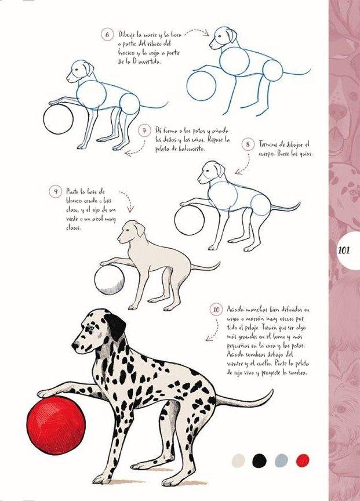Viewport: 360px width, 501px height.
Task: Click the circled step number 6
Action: tap(108, 35)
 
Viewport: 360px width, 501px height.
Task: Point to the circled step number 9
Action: tap(56, 191)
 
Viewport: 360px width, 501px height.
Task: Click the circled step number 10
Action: tap(216, 310)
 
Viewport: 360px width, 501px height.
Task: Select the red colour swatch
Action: tap(303, 460)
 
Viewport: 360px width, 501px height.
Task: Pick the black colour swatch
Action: tap(260, 460)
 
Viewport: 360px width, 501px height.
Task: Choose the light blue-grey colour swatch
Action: tap(281, 460)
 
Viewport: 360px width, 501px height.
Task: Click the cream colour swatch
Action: tap(238, 460)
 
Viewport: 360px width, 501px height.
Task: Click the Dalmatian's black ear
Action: tap(116, 328)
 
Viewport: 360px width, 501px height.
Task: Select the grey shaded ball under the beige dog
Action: tap(108, 280)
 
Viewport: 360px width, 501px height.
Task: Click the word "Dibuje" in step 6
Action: tap(127, 35)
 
